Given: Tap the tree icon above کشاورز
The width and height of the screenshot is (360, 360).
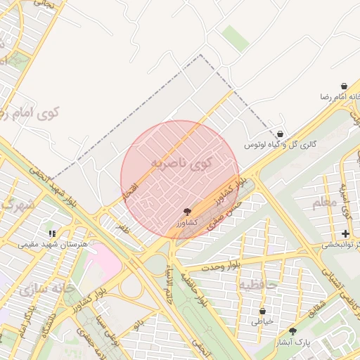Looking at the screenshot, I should tap(187, 211).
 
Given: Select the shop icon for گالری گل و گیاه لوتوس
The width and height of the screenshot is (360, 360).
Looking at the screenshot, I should tap(281, 134).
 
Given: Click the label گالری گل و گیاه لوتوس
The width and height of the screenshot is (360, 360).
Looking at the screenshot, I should tap(281, 145).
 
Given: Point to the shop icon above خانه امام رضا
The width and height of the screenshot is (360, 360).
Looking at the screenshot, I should tap(344, 86).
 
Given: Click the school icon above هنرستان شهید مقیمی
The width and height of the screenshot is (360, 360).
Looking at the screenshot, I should tap(51, 233).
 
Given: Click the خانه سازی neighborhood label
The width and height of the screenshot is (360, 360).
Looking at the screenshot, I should tap(46, 288).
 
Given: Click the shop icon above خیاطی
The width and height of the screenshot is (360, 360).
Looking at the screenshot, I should tap(263, 311).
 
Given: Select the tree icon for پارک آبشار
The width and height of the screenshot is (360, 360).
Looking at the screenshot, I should tap(293, 330).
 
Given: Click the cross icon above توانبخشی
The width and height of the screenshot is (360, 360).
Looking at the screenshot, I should tap(345, 233).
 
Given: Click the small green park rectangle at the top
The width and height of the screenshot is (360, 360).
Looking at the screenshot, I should tap(236, 39).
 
